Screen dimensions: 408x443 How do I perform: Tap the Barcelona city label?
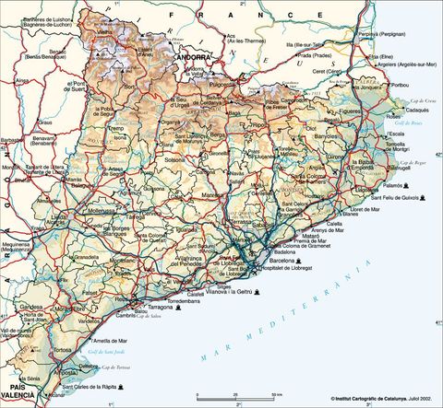(276, 260)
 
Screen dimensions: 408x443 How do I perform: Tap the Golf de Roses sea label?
(406, 149)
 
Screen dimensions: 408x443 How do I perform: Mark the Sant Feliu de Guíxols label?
(399, 198)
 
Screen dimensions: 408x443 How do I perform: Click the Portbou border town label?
(400, 85)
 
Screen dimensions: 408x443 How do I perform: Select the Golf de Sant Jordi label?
(81, 352)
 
